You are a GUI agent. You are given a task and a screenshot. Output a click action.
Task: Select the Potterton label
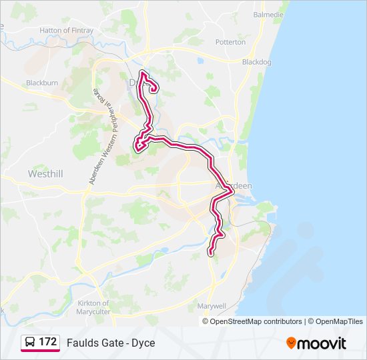pyautogui.click(x=231, y=42)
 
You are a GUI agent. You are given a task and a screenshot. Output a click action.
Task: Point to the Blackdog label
pyautogui.click(x=258, y=61)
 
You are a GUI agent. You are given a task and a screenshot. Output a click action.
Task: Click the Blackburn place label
pyautogui.click(x=42, y=83)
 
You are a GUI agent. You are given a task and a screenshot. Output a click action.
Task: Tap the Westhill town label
pyautogui.click(x=45, y=173)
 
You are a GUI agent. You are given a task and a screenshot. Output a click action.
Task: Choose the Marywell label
pyautogui.click(x=212, y=306)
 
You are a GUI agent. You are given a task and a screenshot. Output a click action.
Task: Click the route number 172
pyautogui.click(x=47, y=342)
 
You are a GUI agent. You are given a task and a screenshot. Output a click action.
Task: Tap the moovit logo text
pyautogui.click(x=322, y=343)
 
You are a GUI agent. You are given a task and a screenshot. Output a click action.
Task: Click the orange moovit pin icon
pyautogui.click(x=291, y=343)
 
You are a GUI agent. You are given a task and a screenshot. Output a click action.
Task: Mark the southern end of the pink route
pyautogui.click(x=211, y=253)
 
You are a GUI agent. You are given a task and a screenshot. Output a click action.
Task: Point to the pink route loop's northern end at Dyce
pyautogui.click(x=142, y=72)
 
